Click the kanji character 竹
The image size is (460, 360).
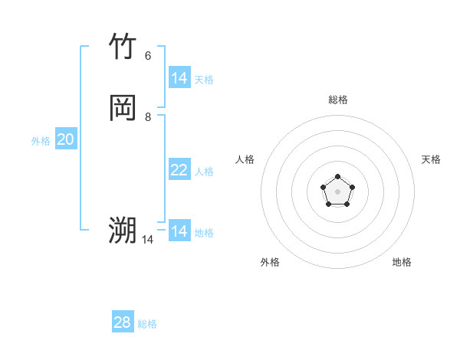tap(123, 47)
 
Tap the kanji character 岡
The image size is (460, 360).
tap(123, 108)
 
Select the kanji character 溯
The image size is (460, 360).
tap(123, 230)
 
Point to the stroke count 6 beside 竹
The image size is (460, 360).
tap(148, 55)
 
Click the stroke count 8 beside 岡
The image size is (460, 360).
tap(148, 116)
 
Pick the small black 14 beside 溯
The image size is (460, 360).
tap(147, 239)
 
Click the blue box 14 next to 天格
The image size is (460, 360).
tap(179, 78)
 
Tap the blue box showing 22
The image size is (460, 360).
tap(179, 170)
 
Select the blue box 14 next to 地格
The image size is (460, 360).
tap(179, 231)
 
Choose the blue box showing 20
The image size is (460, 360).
tap(66, 139)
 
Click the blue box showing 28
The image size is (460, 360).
tap(123, 322)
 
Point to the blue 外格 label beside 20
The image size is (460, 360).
tap(41, 141)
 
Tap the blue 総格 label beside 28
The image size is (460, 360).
tap(147, 324)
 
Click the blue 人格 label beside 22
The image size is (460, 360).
tap(205, 172)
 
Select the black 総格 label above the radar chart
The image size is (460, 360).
tap(338, 100)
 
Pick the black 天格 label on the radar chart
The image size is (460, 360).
tap(431, 159)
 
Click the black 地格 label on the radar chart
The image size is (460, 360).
tap(402, 262)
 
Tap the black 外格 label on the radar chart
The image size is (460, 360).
tap(270, 262)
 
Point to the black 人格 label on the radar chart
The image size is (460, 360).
tap(245, 159)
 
